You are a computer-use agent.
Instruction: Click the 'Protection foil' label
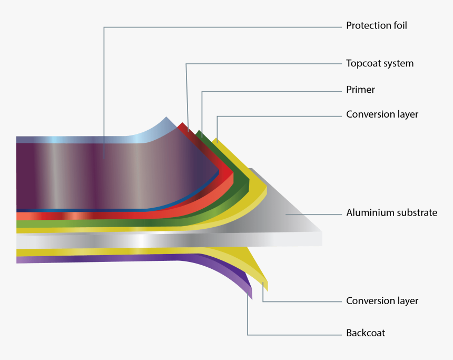click(376, 25)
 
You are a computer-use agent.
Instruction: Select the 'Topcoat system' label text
click(379, 63)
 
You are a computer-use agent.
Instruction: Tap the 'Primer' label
click(360, 90)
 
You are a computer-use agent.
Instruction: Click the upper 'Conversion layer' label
click(382, 114)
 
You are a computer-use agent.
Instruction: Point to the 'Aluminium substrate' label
click(391, 213)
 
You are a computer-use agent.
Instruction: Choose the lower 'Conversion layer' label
click(382, 301)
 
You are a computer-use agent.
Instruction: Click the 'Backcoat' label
click(365, 333)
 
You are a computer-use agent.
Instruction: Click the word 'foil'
click(399, 25)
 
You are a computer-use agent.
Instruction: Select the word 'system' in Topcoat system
click(399, 64)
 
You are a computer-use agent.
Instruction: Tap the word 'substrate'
click(417, 213)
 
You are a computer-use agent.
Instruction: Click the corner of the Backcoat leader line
click(248, 335)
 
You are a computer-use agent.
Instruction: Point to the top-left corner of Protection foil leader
click(104, 27)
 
